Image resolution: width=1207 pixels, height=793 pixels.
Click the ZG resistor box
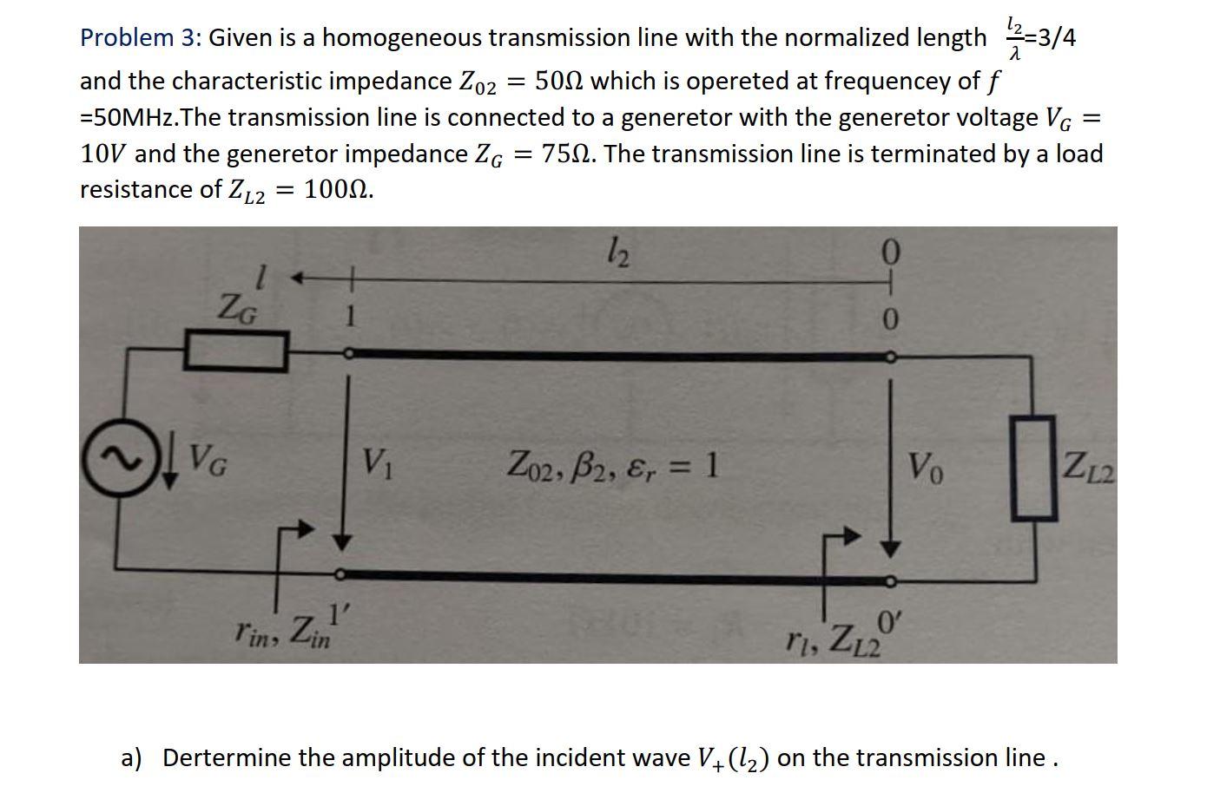(x=234, y=352)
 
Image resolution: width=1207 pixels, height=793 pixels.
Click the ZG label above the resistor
(x=238, y=306)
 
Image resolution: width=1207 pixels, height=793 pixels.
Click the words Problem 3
(x=139, y=38)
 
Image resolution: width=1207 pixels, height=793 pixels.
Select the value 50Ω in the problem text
(x=562, y=82)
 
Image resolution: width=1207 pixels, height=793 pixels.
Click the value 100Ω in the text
(x=339, y=190)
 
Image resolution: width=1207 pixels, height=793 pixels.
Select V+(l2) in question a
(x=734, y=759)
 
